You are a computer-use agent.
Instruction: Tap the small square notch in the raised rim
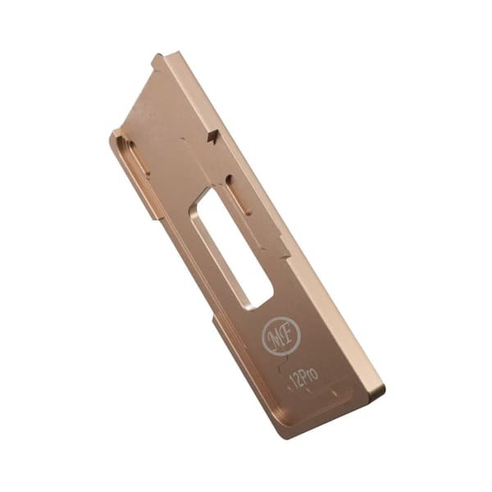213,136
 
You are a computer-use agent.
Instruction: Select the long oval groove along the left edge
134,156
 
